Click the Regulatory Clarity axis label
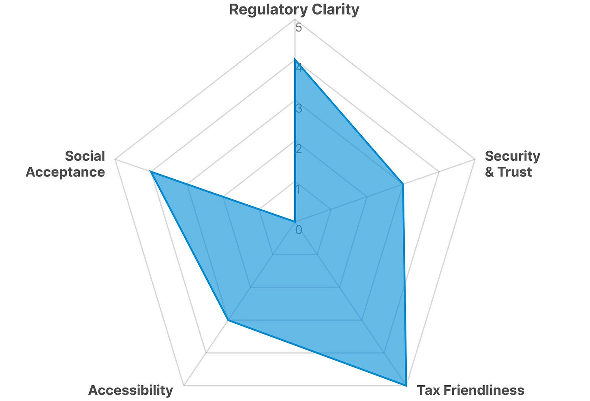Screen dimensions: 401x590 click(294, 9)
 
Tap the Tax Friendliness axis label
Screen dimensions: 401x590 click(470, 390)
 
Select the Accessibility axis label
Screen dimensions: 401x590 click(130, 390)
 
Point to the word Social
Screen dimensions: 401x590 click(85, 156)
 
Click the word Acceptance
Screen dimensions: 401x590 click(65, 172)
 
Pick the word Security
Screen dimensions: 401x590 click(512, 156)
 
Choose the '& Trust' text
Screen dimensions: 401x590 click(508, 172)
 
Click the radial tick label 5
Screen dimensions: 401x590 click(299, 28)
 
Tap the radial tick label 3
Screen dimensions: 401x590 click(299, 108)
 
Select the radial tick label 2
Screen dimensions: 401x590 click(299, 149)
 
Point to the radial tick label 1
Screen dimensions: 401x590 click(299, 189)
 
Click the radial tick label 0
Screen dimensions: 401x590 click(299, 230)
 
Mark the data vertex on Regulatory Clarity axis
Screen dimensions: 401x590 click(295, 59)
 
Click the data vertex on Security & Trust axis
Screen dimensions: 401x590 click(402, 185)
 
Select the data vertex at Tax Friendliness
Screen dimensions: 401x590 click(406, 385)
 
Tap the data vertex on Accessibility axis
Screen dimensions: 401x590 click(229, 320)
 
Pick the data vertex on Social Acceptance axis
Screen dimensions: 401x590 click(150, 172)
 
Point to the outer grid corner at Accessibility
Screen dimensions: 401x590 click(184, 385)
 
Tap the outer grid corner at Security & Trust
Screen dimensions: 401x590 click(475, 160)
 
